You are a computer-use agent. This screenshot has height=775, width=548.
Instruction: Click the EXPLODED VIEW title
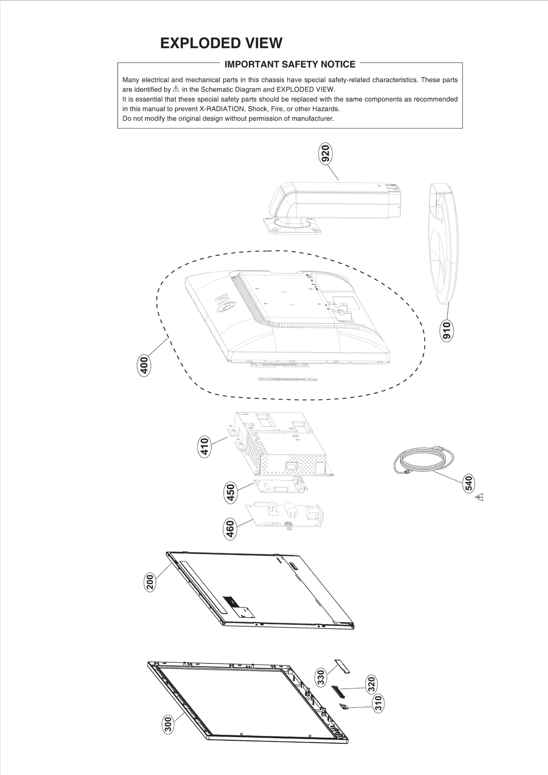pos(221,43)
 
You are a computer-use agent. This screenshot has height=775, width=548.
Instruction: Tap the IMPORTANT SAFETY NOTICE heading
pos(290,64)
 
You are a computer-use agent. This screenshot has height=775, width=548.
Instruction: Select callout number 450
pos(231,492)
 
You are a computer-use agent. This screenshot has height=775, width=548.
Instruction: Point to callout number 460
pos(231,529)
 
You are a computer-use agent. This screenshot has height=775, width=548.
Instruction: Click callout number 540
pos(469,483)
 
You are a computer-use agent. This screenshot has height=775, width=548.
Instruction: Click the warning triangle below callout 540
pos(479,497)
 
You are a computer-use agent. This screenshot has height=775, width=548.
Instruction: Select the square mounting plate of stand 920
pos(293,227)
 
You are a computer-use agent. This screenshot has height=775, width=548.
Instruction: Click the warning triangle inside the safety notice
pos(176,89)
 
